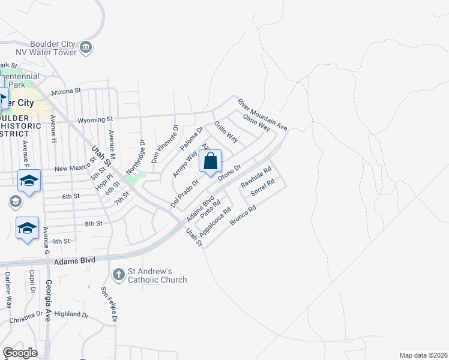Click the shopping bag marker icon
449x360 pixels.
point(210,161)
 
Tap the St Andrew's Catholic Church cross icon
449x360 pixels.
point(118,275)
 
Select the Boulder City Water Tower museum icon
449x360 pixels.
point(86,47)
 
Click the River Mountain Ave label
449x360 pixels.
point(262,114)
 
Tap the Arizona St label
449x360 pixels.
point(66,91)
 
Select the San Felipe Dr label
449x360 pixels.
point(108,305)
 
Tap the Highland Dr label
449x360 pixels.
point(71,314)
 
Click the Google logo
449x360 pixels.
point(20,353)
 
